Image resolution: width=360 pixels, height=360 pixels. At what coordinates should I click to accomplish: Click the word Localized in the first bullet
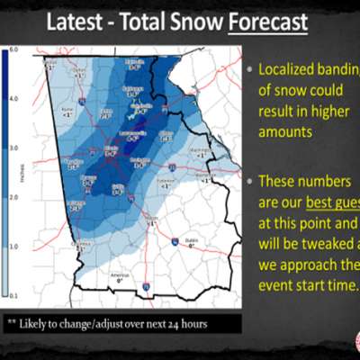pos(288,69)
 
